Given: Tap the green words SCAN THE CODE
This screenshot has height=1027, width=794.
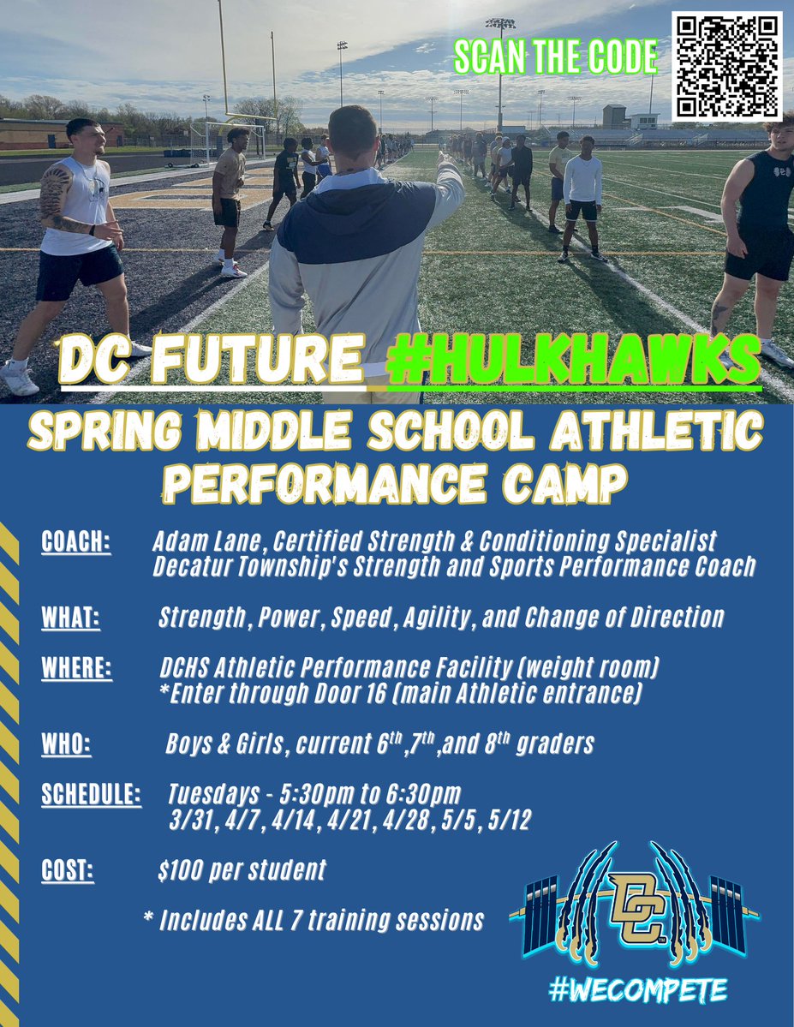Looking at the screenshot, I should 556,57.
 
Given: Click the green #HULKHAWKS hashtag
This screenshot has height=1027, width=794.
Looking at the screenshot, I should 573,361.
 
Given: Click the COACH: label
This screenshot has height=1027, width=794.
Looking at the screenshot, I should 76,543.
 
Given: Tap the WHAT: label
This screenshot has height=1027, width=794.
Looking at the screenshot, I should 70,618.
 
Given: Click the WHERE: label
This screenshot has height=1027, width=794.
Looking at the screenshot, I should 76,668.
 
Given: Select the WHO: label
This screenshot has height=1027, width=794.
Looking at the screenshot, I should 66,744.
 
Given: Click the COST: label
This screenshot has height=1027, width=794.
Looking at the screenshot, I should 68,871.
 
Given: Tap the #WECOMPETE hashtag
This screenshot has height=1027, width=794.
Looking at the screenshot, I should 637,991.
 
